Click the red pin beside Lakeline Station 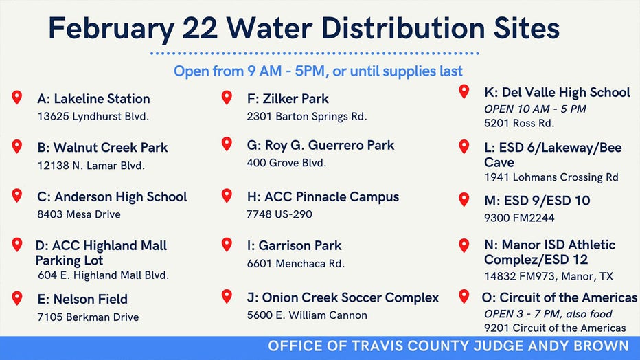[16, 97]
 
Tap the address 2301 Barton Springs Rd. [307, 117]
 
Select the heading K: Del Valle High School [557, 93]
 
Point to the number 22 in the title [200, 29]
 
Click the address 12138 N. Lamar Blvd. [91, 166]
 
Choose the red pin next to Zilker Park [227, 97]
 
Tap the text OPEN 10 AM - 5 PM [535, 109]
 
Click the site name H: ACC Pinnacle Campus [323, 196]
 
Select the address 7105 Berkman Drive [88, 317]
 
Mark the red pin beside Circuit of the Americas [464, 296]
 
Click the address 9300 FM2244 [519, 218]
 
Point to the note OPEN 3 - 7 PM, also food [548, 314]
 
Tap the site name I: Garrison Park [295, 246]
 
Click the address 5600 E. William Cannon [307, 315]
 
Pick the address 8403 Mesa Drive [79, 214]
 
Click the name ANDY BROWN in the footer [578, 346]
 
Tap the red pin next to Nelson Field [16, 298]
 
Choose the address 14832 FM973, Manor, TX [549, 277]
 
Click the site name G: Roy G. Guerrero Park [321, 146]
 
